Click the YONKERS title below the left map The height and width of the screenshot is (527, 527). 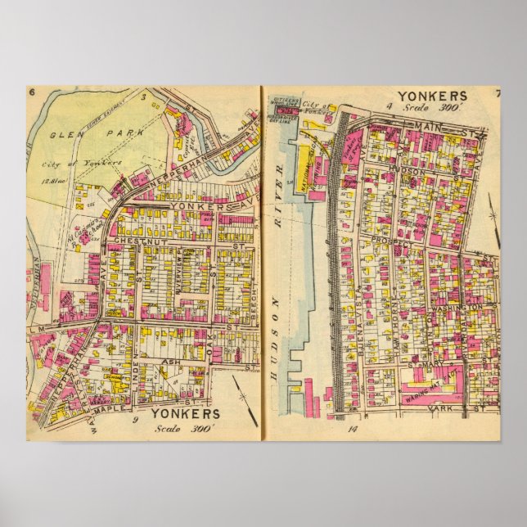(186, 413)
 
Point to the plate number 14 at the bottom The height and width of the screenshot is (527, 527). (353, 429)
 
